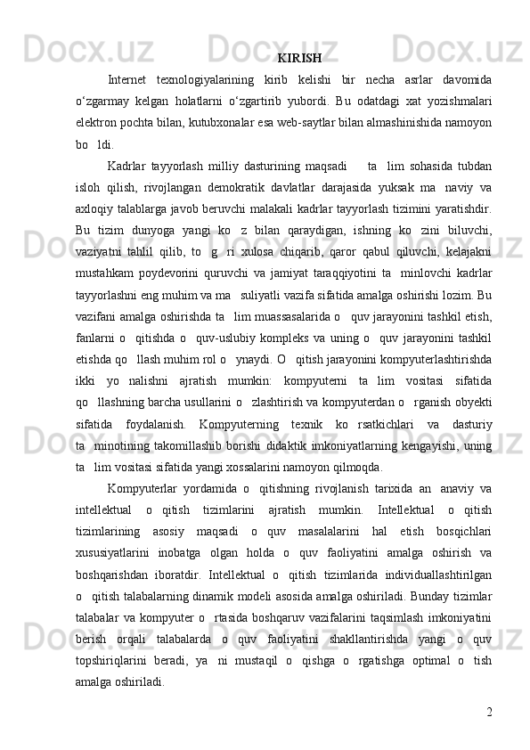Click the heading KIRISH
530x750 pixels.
299,60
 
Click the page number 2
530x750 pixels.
491,710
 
